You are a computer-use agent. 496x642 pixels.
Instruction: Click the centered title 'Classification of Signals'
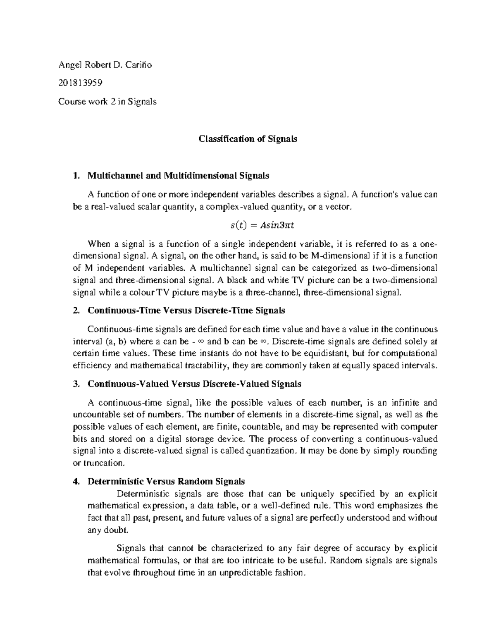(x=248, y=139)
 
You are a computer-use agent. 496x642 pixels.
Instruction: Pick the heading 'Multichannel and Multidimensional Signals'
(x=178, y=176)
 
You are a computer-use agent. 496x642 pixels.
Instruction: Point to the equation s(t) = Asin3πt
(x=262, y=225)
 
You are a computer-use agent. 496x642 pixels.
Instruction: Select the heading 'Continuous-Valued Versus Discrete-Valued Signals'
(x=194, y=384)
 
